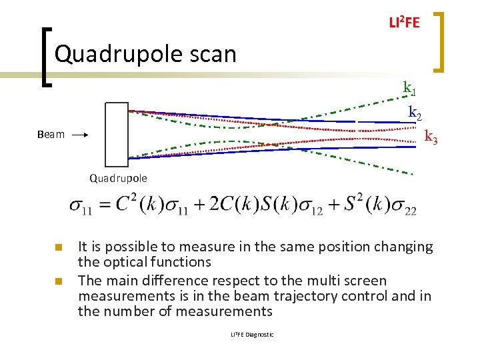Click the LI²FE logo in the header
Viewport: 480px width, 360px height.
click(x=404, y=23)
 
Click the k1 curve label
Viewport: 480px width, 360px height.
click(x=410, y=87)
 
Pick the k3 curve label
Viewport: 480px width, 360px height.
click(x=431, y=137)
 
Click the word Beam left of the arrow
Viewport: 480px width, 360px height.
click(x=51, y=135)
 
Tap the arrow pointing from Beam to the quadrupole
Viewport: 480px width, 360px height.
click(x=80, y=135)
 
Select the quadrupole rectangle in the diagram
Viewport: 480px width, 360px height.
click(x=116, y=134)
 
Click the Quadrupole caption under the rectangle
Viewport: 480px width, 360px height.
click(x=118, y=178)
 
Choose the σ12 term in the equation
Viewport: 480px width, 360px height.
click(x=309, y=207)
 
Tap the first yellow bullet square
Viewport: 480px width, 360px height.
click(x=59, y=247)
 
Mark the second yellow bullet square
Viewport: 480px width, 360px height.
click(x=59, y=281)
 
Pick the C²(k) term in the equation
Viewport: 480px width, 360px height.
click(x=141, y=206)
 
